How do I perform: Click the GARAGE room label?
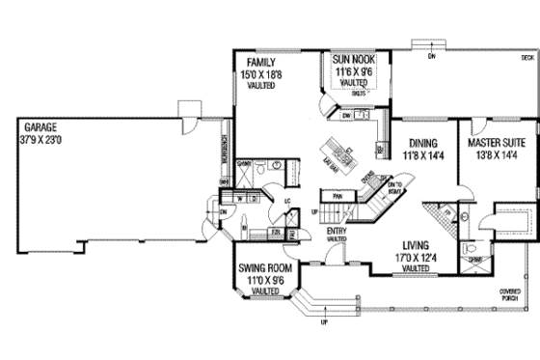tap(35, 126)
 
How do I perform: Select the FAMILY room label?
tap(258, 63)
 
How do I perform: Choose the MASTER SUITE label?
tap(496, 141)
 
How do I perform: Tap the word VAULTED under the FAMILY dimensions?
tap(258, 85)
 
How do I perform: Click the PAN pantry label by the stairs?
tap(337, 196)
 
